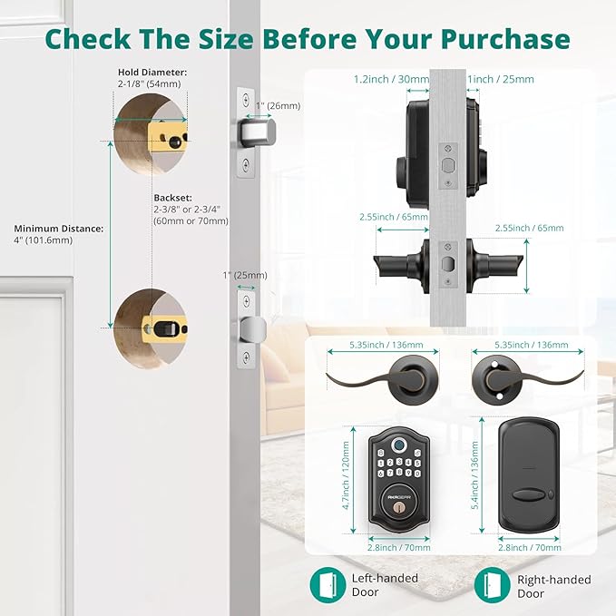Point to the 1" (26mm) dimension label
(276, 105)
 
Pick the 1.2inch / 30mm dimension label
(390, 79)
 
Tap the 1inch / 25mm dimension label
(500, 79)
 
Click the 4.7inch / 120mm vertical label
(345, 476)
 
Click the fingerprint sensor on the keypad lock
(395, 445)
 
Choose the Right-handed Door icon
(491, 584)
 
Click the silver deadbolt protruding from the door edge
(258, 132)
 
